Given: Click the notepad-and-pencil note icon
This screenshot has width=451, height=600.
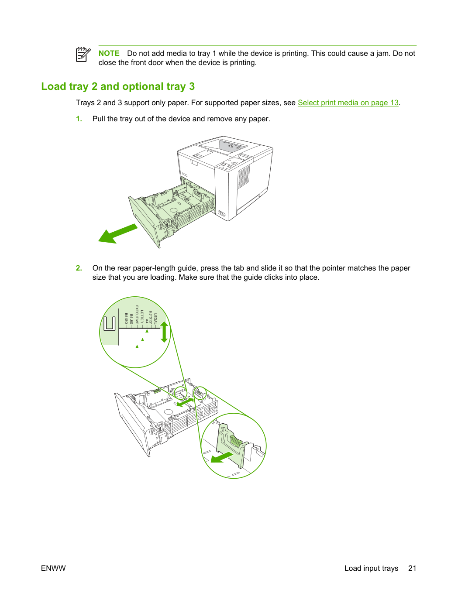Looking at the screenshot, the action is [83, 55].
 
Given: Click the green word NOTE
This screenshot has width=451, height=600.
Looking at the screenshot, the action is [109, 53].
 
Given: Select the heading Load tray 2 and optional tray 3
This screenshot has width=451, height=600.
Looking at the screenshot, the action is [118, 86].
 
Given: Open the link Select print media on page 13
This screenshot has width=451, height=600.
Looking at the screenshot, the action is [348, 103].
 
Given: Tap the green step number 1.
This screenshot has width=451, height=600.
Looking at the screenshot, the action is [79, 119].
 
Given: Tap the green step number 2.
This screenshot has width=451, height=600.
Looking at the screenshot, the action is [79, 268].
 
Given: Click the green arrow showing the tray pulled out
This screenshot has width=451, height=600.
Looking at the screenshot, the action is [117, 234].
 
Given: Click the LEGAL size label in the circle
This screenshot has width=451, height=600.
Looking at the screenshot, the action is [155, 319].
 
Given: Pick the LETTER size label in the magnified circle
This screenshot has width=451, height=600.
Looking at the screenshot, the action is [142, 316].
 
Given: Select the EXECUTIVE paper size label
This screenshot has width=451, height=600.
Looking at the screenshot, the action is [137, 315].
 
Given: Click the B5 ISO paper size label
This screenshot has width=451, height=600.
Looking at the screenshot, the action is [126, 319].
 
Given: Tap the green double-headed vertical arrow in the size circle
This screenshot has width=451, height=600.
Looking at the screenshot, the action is [164, 332].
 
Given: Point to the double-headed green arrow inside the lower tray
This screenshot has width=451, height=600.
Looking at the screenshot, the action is [186, 402].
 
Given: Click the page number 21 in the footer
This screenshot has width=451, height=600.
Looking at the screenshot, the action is [412, 568].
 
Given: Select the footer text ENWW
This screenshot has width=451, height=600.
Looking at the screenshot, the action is [53, 568].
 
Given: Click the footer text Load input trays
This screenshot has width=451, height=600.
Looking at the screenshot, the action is [371, 569].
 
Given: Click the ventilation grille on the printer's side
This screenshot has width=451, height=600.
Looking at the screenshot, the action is [244, 177].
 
